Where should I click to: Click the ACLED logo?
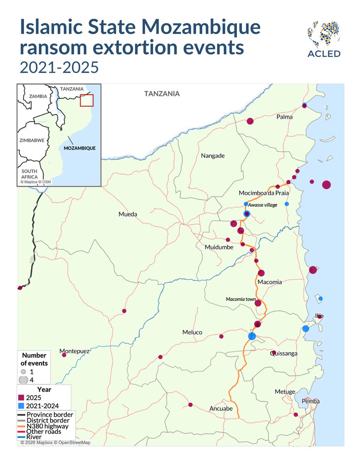point(324,39)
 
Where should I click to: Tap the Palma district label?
point(284,117)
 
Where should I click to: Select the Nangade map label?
point(213,156)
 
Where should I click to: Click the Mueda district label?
point(127,214)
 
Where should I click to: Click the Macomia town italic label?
point(240,299)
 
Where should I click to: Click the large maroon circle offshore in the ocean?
point(326,184)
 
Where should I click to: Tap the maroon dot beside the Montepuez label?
point(64,355)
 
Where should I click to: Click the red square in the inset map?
point(87,100)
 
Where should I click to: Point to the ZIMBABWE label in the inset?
point(32,140)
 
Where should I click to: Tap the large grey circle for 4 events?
point(23,380)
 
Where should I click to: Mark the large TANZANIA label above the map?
point(162,94)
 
